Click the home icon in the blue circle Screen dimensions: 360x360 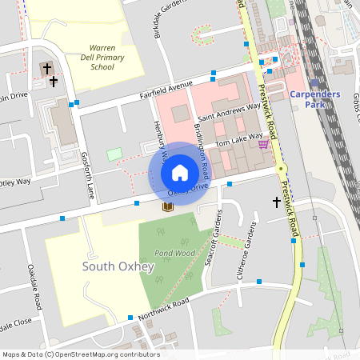[179, 173]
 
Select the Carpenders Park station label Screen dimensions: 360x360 [315, 98]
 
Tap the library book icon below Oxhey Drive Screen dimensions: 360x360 [168, 206]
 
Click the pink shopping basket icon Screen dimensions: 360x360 [262, 144]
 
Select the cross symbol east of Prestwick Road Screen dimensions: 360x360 [277, 202]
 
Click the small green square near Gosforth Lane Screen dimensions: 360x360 [115, 154]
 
